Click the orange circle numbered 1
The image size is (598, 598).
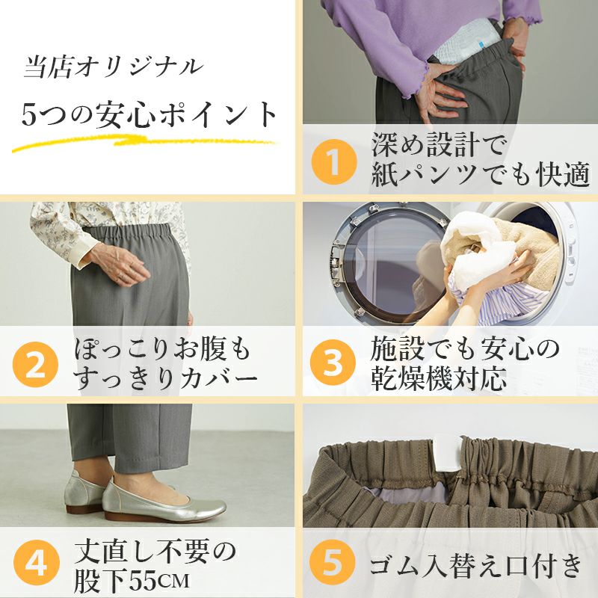[x=334, y=162]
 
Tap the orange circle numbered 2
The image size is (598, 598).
[x=35, y=364]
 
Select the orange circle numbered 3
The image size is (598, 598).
[x=333, y=363]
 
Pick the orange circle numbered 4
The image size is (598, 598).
[x=36, y=563]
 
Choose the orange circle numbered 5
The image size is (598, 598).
[x=332, y=563]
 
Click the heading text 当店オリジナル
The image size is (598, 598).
[x=114, y=67]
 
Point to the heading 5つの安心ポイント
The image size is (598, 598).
[x=149, y=115]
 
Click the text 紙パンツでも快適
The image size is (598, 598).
[x=481, y=175]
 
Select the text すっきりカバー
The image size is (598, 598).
[x=166, y=377]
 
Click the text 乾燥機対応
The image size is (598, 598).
[x=439, y=378]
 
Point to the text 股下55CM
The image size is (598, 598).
[x=132, y=581]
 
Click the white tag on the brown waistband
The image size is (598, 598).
[x=447, y=454]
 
